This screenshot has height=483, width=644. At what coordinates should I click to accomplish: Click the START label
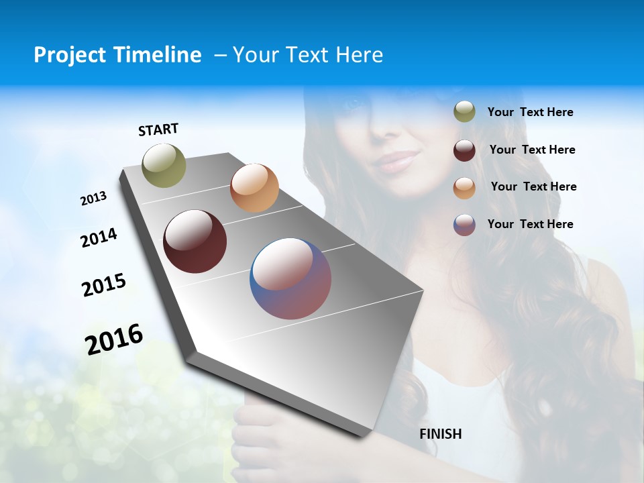tap(158, 129)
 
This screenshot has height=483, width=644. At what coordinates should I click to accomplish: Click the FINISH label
tap(441, 434)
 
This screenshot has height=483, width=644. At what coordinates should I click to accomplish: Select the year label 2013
tap(94, 199)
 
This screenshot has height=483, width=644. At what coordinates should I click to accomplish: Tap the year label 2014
tap(99, 237)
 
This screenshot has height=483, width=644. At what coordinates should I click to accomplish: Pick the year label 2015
tap(104, 285)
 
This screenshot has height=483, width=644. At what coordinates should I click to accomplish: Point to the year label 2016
tap(114, 339)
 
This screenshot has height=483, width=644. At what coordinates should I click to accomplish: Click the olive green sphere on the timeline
tap(164, 165)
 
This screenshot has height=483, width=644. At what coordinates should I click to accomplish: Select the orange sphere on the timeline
tap(254, 188)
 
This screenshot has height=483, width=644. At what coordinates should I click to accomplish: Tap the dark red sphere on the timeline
tap(195, 241)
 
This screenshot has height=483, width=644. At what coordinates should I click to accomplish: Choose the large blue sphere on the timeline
tap(290, 278)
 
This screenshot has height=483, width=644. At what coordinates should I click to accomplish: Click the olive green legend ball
tap(464, 112)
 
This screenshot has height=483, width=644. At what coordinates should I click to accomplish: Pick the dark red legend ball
tap(464, 150)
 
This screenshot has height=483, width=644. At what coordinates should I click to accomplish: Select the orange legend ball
tap(464, 187)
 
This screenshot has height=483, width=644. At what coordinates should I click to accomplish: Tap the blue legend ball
tap(464, 224)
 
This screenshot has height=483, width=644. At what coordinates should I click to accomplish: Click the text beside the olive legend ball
tap(530, 113)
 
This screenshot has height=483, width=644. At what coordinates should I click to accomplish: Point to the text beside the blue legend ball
tap(530, 224)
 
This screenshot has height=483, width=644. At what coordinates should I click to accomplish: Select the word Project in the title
tap(70, 55)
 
